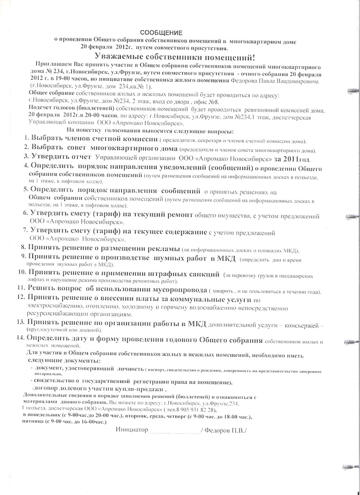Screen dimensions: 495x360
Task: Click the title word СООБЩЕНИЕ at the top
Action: pos(162,33)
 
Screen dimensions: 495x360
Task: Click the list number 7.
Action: pos(26,231)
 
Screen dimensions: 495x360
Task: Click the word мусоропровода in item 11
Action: pos(177,288)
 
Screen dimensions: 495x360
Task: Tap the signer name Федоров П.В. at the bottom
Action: pos(225,430)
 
